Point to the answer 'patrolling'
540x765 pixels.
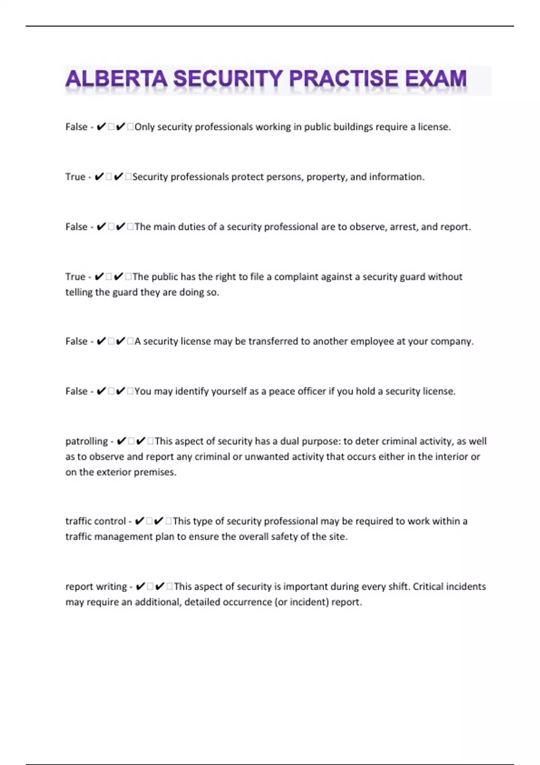tap(86, 441)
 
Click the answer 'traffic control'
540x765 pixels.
tap(95, 521)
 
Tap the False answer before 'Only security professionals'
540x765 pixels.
tap(76, 127)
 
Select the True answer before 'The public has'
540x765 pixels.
tap(75, 277)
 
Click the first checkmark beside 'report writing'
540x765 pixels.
tap(140, 587)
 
